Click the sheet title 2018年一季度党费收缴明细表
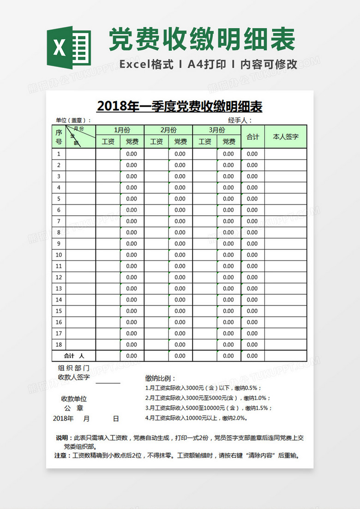[180, 106]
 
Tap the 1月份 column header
[120, 130]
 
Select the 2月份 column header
[168, 130]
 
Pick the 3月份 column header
[217, 130]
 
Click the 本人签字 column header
[286, 136]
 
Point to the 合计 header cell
[252, 136]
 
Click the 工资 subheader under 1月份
[108, 142]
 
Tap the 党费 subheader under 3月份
[229, 142]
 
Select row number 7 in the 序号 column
[59, 221]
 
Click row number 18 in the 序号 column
[59, 345]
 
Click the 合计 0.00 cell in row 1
[252, 154]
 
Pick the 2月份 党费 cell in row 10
[180, 255]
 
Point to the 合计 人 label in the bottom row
[74, 356]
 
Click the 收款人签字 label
[74, 377]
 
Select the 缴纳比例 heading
[160, 378]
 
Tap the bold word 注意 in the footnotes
[60, 455]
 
